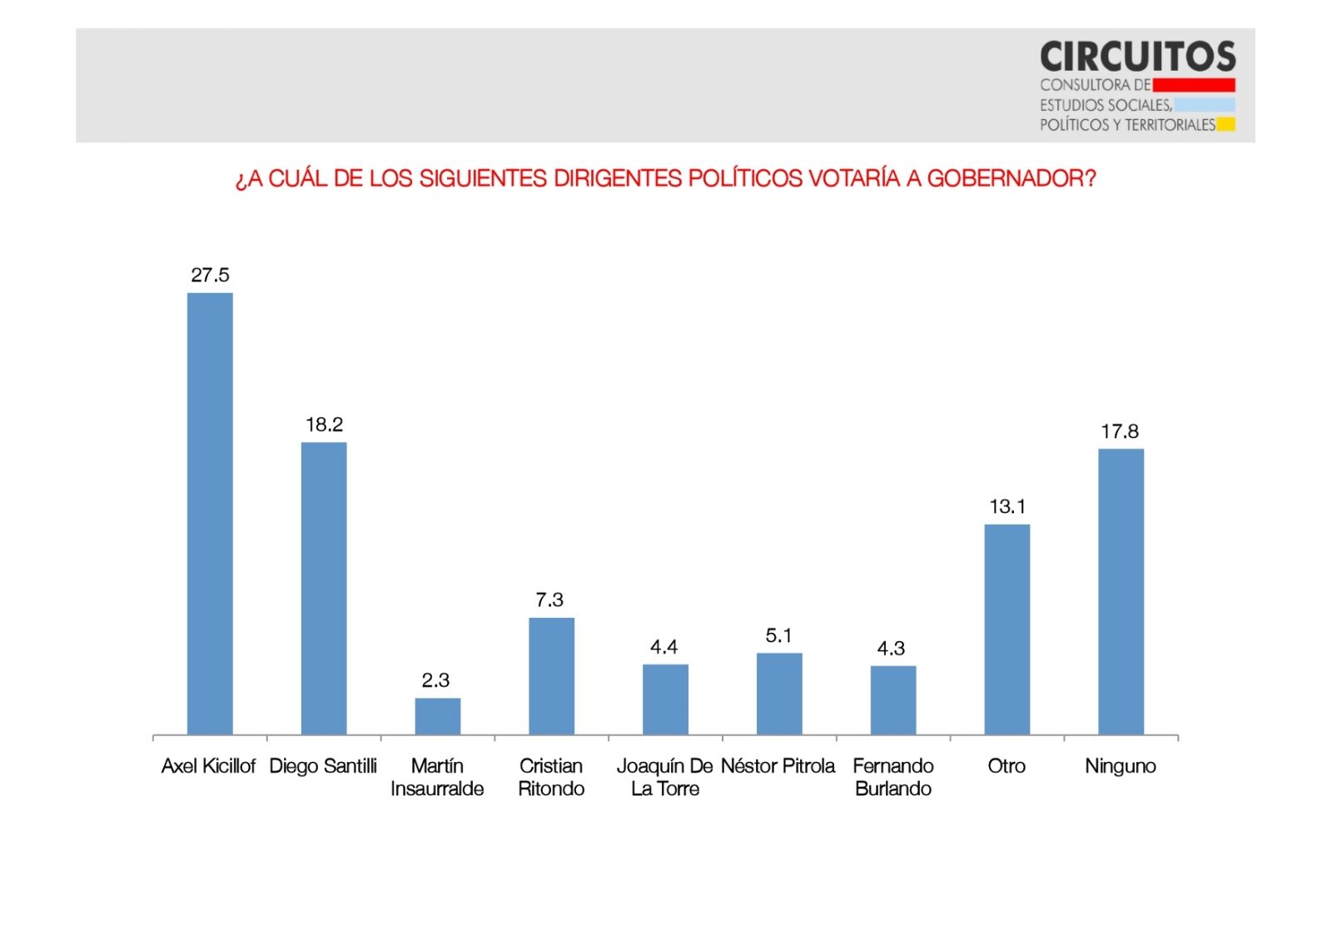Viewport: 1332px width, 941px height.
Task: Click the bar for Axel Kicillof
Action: coord(210,513)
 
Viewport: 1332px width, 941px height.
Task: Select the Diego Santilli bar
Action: coord(324,588)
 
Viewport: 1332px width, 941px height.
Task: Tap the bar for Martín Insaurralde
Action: coord(438,716)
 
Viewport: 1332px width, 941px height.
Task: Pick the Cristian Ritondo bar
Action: coord(551,675)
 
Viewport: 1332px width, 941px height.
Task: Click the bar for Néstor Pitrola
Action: coord(779,693)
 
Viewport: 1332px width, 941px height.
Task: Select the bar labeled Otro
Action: coord(1006,629)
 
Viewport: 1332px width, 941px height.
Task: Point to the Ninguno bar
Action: coord(1121,591)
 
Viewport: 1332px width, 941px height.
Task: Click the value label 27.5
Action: coord(210,276)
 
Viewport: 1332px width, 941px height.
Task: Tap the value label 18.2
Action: coord(324,425)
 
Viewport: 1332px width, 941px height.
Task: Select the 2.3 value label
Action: coord(435,680)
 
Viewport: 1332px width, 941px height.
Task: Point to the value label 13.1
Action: coord(1007,506)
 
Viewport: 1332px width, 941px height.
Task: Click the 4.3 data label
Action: coord(891,649)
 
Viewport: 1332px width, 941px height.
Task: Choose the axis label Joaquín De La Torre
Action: coord(664,777)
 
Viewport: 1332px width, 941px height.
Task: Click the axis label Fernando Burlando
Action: coord(893,777)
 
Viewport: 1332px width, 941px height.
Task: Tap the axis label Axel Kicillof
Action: coord(208,766)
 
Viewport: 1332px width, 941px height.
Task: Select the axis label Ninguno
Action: coord(1121,766)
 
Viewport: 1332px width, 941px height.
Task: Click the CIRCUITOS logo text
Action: coord(1137,57)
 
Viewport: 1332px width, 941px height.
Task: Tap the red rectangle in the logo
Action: coord(1194,85)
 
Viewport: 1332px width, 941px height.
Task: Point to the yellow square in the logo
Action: coord(1225,125)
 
